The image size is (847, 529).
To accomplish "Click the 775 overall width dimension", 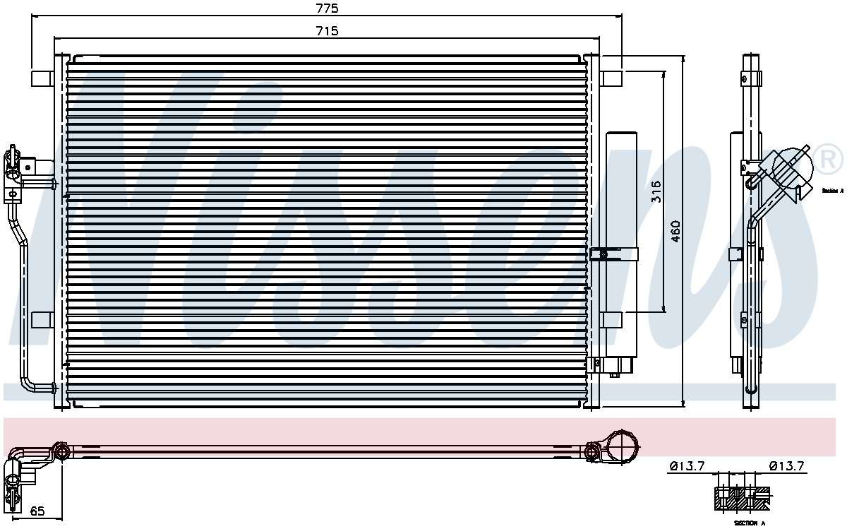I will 327,8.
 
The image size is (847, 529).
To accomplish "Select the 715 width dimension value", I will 327,30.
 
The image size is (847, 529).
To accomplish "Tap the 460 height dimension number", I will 675,232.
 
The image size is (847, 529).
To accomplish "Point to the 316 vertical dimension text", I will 656,191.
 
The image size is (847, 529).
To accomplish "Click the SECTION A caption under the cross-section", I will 748,523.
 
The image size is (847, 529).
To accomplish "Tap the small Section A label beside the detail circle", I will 832,191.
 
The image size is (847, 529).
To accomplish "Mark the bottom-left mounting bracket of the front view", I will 42,319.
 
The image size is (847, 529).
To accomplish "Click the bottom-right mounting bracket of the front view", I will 611,319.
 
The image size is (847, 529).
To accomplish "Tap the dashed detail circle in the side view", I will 792,165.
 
